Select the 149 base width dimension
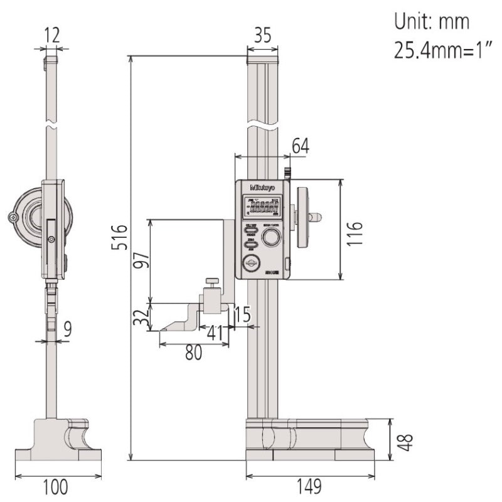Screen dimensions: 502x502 309,485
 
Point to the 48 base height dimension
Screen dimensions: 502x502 407,439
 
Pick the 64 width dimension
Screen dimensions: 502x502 301,146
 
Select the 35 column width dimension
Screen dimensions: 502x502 262,37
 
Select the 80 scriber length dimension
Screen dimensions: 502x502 193,353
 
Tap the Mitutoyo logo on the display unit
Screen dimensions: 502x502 263,187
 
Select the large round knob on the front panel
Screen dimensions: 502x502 271,237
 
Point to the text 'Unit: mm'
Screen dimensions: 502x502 431,22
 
